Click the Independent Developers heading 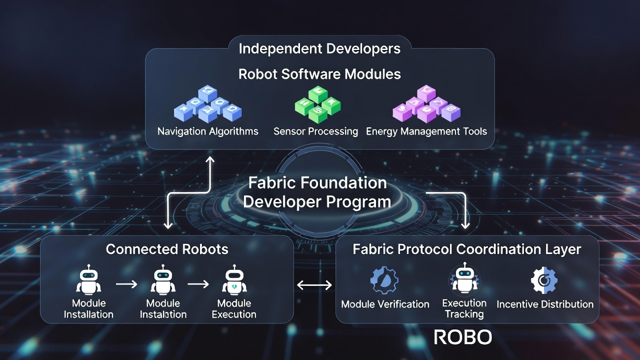point(319,48)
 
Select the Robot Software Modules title point(319,74)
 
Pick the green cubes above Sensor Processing point(317,104)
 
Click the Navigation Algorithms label point(208,131)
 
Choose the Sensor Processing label point(315,131)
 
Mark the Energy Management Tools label point(426,131)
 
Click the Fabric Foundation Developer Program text point(317,192)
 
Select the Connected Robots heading point(167,249)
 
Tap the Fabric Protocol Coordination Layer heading point(467,249)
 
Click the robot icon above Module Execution point(233,281)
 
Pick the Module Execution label point(233,309)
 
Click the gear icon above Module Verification point(384,280)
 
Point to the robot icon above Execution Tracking point(464,279)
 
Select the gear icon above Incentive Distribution point(544,280)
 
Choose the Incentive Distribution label point(545,304)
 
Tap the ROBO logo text point(463,337)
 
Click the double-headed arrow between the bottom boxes point(314,285)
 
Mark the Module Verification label point(385,304)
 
